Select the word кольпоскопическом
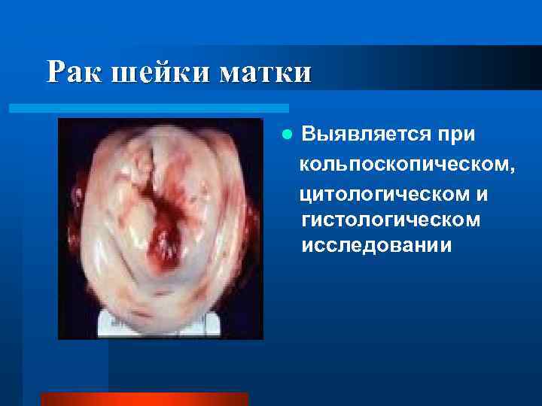pyautogui.click(x=406, y=164)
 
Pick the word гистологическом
pyautogui.click(x=390, y=220)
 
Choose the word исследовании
pyautogui.click(x=376, y=246)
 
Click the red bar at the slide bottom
pyautogui.click(x=144, y=399)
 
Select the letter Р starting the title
pyautogui.click(x=55, y=73)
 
